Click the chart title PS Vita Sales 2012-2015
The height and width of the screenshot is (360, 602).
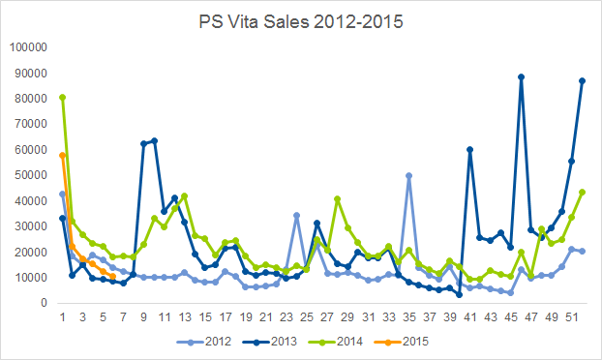click(301, 22)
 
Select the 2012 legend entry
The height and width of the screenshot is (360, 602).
click(204, 342)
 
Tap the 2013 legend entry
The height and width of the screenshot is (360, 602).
click(270, 342)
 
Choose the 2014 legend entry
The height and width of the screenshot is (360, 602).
click(336, 342)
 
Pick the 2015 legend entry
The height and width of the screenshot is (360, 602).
click(402, 342)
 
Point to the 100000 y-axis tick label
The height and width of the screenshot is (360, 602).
click(28, 47)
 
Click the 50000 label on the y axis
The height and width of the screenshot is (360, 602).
click(31, 175)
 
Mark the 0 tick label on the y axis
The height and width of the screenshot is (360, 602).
click(44, 303)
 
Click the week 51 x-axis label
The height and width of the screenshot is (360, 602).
click(572, 317)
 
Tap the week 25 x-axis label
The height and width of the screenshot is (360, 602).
click(307, 317)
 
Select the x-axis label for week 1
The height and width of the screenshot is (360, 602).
click(63, 317)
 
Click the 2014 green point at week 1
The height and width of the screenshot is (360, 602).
click(63, 98)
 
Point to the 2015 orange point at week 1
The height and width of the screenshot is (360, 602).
click(63, 156)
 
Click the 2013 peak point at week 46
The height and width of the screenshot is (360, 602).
click(521, 77)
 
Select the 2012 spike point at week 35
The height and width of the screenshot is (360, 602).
click(408, 176)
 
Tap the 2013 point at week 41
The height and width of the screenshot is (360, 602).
click(470, 150)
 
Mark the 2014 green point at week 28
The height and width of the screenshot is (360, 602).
click(338, 198)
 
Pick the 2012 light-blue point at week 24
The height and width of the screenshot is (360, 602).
click(297, 215)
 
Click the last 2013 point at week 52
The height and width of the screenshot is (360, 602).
click(582, 81)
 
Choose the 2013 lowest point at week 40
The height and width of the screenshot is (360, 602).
click(460, 295)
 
